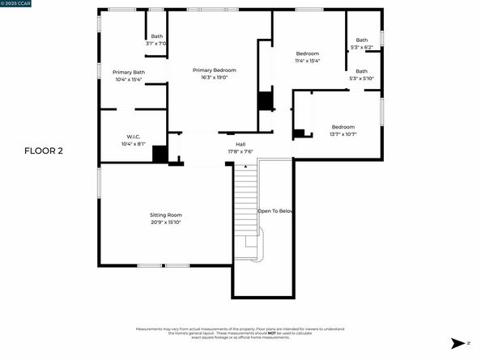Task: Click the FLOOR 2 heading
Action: (x=44, y=150)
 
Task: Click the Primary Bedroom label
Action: (x=214, y=70)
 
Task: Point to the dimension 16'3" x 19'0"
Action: (x=214, y=78)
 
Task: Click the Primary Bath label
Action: (x=128, y=72)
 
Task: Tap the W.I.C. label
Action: (x=134, y=137)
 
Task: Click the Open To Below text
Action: (x=275, y=211)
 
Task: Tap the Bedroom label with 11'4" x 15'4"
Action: (x=308, y=54)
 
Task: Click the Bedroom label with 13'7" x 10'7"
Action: (x=343, y=126)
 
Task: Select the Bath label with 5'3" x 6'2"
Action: (x=361, y=40)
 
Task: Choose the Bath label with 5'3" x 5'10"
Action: (x=361, y=71)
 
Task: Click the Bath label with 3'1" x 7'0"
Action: (x=155, y=36)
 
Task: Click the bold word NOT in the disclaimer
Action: (x=269, y=333)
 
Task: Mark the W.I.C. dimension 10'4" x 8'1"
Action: (x=134, y=144)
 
